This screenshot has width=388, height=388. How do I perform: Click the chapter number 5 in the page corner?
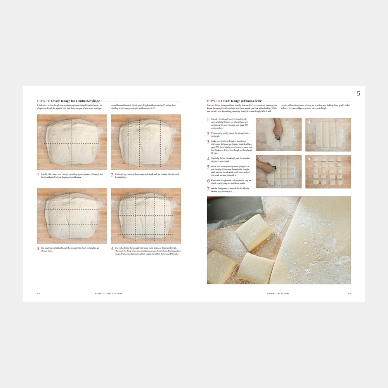[359, 93]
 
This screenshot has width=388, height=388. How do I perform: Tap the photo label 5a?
[260, 121]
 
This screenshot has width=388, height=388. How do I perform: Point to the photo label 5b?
[309, 121]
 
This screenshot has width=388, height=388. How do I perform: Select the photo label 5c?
[260, 159]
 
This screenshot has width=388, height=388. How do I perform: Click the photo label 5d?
[309, 159]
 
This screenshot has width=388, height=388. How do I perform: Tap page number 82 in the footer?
[38, 294]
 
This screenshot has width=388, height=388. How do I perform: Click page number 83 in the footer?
[349, 294]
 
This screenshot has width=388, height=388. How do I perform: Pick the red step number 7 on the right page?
[208, 189]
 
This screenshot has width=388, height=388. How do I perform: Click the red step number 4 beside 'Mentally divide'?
[208, 159]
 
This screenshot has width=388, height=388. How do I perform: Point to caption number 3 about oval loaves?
[38, 249]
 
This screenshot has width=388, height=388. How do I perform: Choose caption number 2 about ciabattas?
[112, 175]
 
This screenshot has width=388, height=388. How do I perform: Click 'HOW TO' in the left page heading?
[43, 101]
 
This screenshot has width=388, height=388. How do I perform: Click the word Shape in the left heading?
[95, 101]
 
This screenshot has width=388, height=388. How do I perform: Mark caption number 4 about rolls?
[112, 249]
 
